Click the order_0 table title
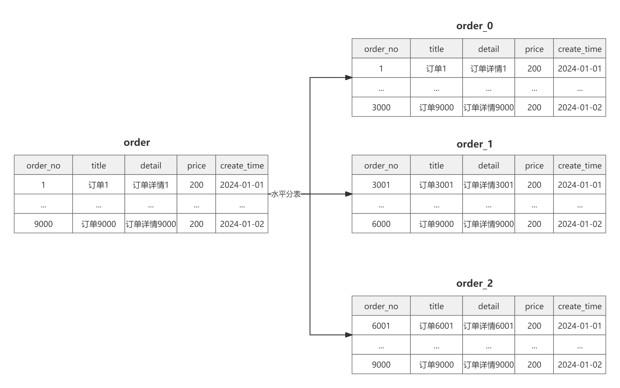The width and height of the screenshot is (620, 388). [x=474, y=26]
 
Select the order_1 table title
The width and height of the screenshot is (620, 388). [x=474, y=144]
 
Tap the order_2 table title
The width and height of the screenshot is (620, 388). [x=474, y=283]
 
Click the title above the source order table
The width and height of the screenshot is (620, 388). [x=137, y=142]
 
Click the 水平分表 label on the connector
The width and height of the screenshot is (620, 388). [x=286, y=194]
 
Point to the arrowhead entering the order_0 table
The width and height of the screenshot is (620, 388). [x=348, y=77]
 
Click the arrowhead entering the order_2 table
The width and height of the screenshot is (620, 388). [x=348, y=335]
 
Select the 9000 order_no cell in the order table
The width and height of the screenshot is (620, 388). [x=43, y=224]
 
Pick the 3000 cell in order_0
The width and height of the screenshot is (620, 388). [x=381, y=107]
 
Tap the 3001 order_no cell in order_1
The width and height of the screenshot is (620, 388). [x=381, y=185]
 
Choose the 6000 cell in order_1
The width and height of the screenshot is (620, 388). [x=381, y=224]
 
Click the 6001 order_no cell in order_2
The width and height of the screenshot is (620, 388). [x=381, y=326]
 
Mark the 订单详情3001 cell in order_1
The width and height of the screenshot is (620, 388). [x=488, y=185]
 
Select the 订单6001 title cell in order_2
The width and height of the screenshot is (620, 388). [x=436, y=326]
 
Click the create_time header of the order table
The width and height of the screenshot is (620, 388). [x=242, y=165]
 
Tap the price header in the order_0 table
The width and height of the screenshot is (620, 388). [x=534, y=49]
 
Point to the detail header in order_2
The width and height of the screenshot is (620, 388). [x=488, y=306]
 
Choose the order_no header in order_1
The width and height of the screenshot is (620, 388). [x=381, y=165]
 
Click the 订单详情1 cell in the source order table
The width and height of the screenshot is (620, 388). [x=151, y=185]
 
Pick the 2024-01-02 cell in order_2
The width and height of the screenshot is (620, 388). [x=580, y=364]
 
